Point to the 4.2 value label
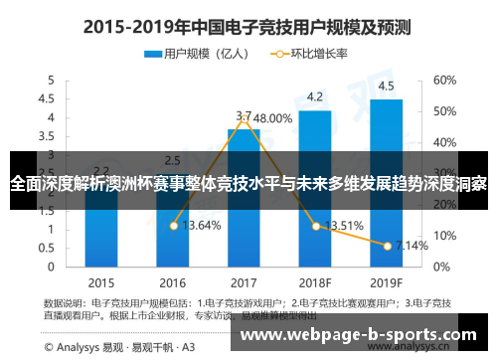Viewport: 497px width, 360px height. click(315, 96)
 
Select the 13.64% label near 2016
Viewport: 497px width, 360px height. click(202, 225)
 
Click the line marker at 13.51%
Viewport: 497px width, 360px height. click(316, 227)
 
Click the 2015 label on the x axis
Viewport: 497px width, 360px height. click(100, 281)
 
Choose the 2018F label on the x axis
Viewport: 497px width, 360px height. click(315, 281)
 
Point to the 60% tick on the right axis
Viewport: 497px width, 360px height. click(443, 80)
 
